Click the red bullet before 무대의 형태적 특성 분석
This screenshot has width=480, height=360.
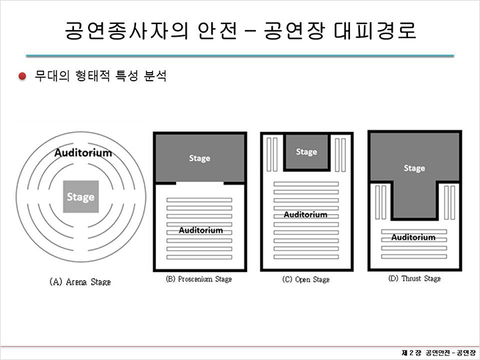click(x=22, y=75)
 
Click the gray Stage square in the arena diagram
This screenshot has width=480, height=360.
click(x=81, y=197)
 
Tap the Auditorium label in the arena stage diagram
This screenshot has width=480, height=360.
click(x=83, y=153)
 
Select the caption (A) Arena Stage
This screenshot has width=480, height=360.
click(x=80, y=282)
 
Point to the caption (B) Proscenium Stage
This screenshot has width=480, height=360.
click(x=199, y=279)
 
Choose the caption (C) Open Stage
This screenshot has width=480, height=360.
click(x=306, y=279)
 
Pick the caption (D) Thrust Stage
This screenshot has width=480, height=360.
click(x=415, y=279)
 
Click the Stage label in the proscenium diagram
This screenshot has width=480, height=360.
click(x=199, y=158)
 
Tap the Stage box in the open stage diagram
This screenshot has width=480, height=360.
click(x=307, y=152)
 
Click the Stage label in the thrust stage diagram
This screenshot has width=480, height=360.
click(x=415, y=168)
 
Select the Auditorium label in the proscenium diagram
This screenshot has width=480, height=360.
click(x=201, y=230)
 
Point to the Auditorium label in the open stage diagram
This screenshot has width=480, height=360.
click(x=305, y=214)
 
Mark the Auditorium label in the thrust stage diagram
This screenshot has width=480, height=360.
click(x=413, y=237)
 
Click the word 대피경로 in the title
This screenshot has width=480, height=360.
click(x=375, y=30)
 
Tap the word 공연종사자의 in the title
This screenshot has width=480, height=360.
click(x=126, y=30)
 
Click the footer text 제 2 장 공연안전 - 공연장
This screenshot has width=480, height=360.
click(x=439, y=353)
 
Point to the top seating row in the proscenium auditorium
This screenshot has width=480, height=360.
click(x=199, y=200)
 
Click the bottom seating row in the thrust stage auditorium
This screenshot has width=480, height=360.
click(x=414, y=257)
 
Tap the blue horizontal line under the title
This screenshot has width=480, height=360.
click(x=240, y=56)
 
